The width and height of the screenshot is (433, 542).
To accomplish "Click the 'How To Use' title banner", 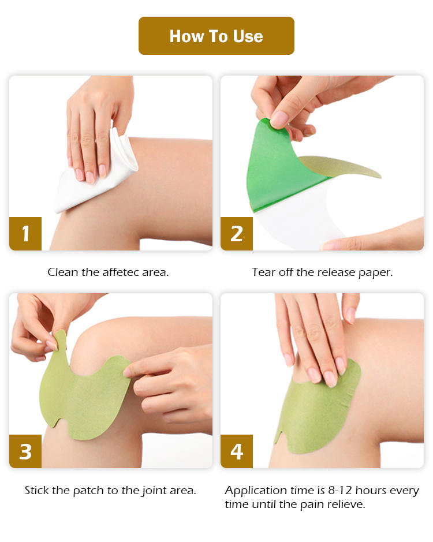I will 216,36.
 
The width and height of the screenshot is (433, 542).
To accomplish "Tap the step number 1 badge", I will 25,234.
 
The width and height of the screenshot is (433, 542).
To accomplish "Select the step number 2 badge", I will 237,234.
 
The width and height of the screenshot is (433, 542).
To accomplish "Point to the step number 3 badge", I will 25,451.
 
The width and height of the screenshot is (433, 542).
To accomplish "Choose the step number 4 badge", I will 237,451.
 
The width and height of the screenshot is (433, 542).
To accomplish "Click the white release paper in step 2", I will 300,219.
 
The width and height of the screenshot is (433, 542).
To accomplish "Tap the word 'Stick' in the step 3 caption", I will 37,491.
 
